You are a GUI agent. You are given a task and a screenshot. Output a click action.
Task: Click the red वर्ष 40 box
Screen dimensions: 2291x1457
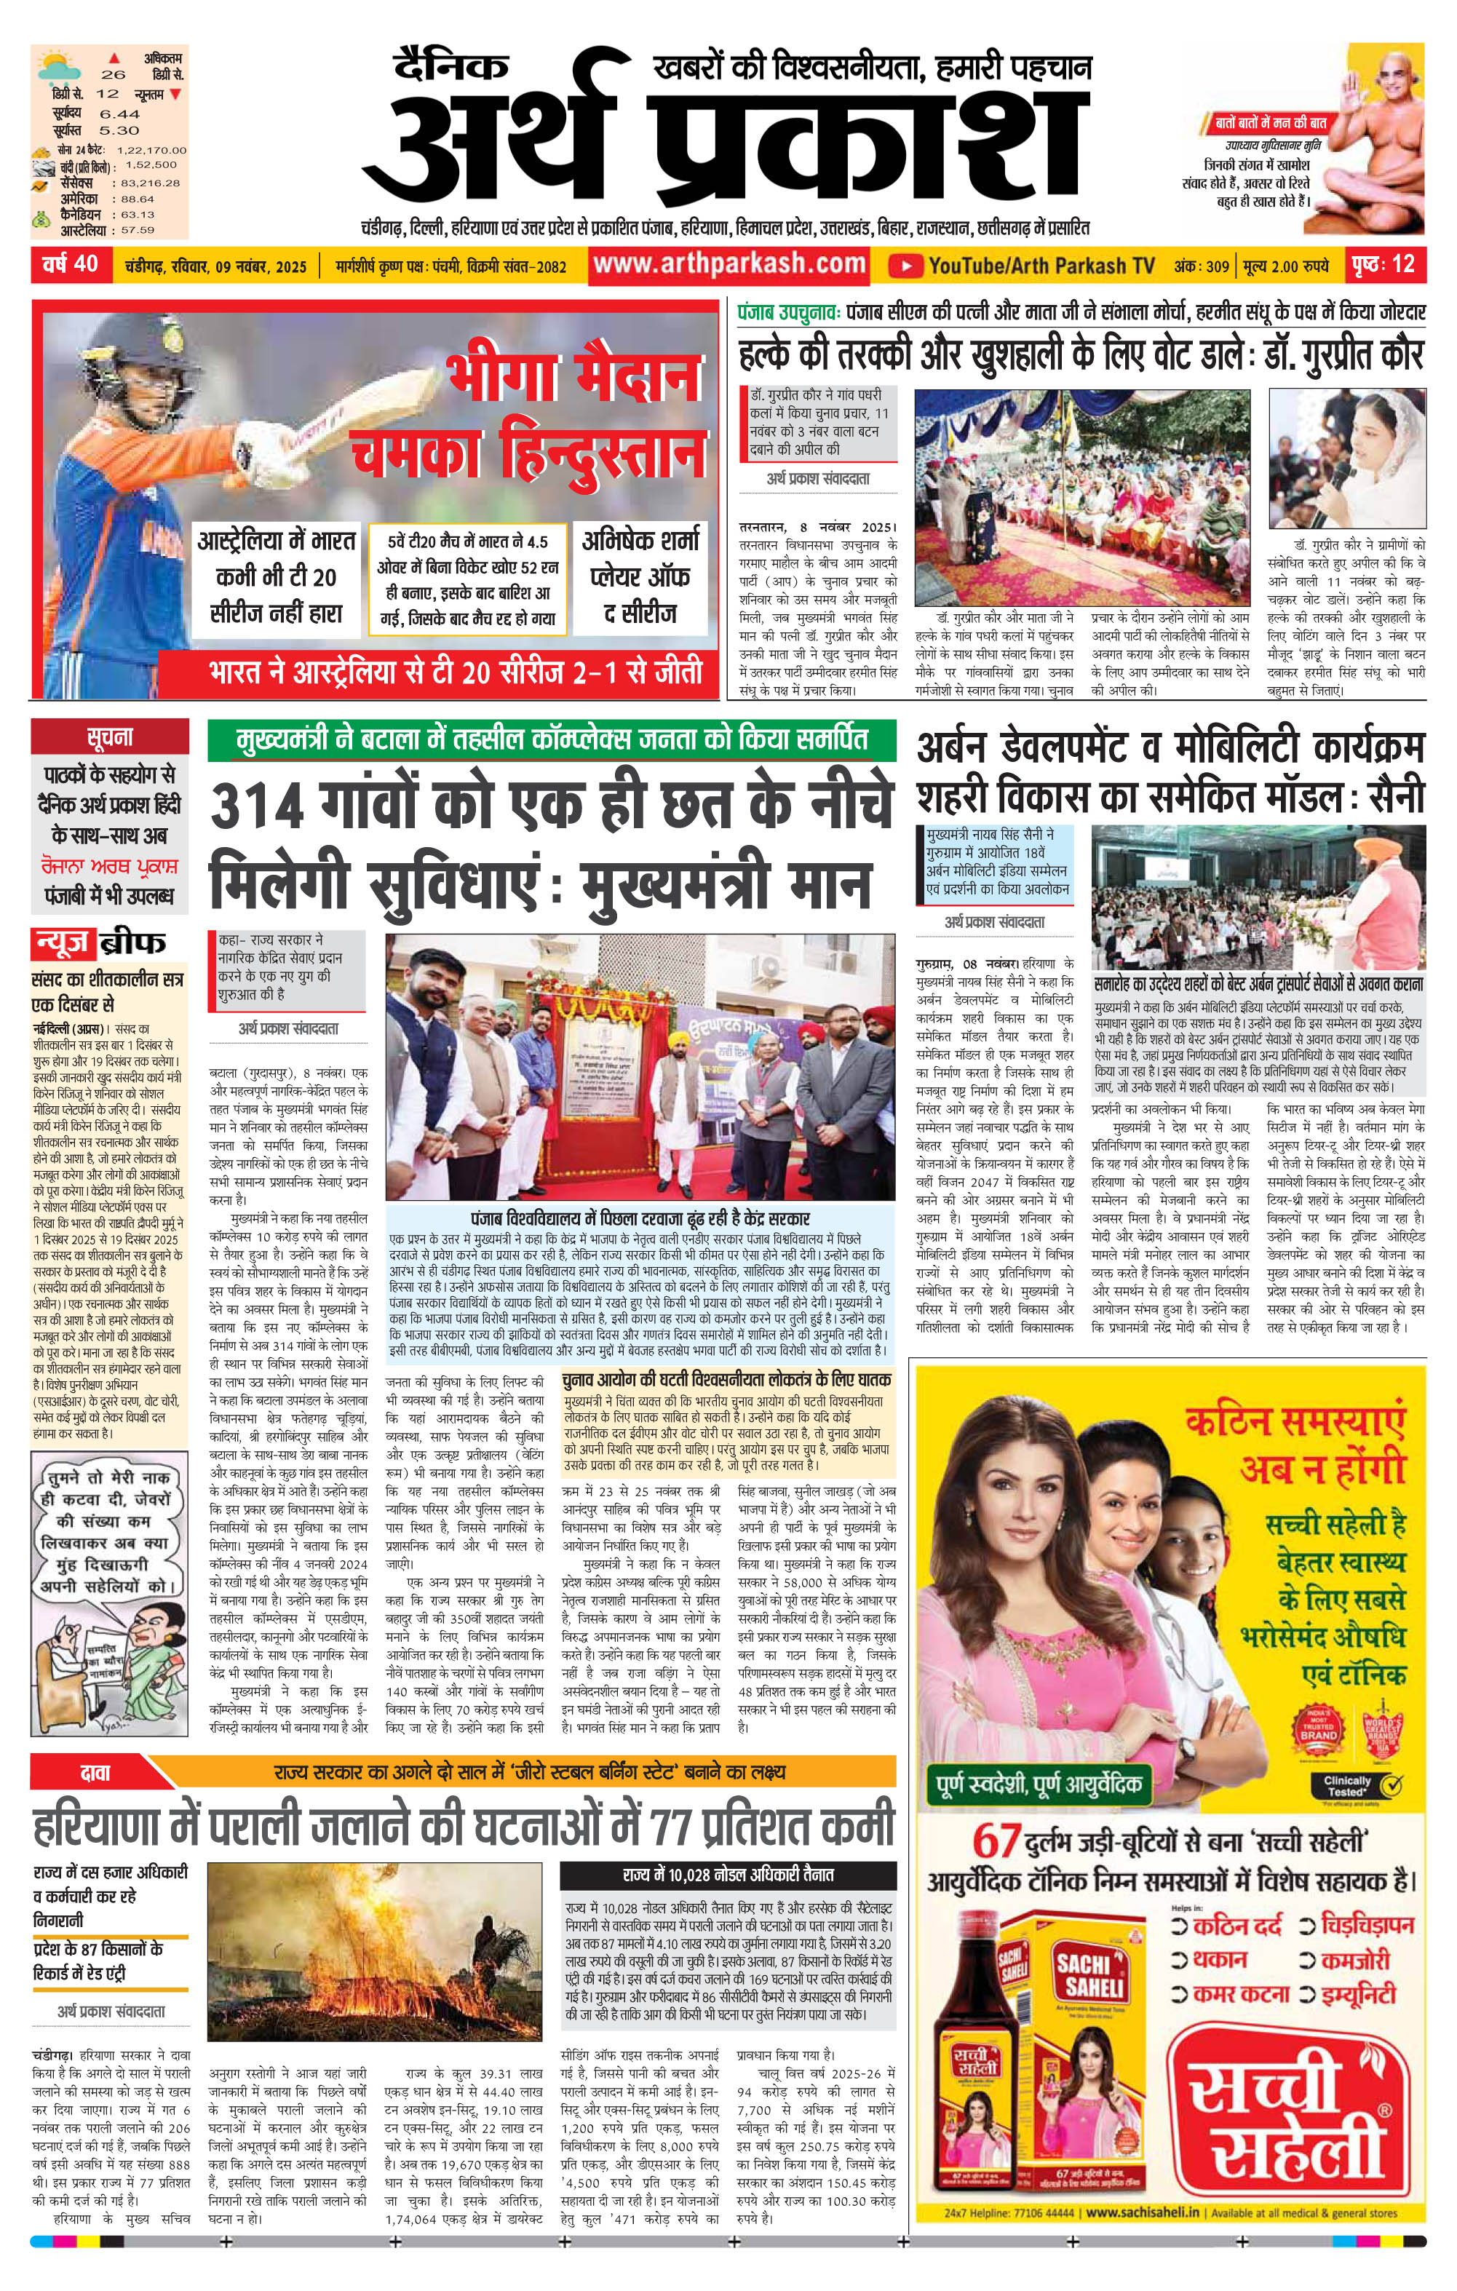[71, 263]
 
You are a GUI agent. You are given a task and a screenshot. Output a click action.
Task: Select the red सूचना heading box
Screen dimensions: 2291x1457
[109, 737]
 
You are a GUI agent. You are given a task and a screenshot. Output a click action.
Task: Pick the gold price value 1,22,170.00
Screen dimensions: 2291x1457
[151, 151]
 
